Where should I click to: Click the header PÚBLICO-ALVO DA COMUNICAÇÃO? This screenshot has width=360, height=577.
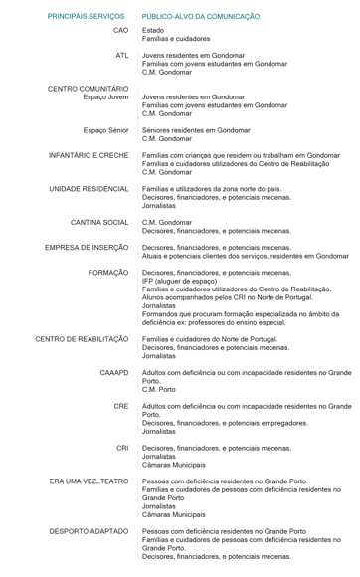coord(201,18)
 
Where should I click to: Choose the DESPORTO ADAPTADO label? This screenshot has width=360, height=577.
coord(90,531)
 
